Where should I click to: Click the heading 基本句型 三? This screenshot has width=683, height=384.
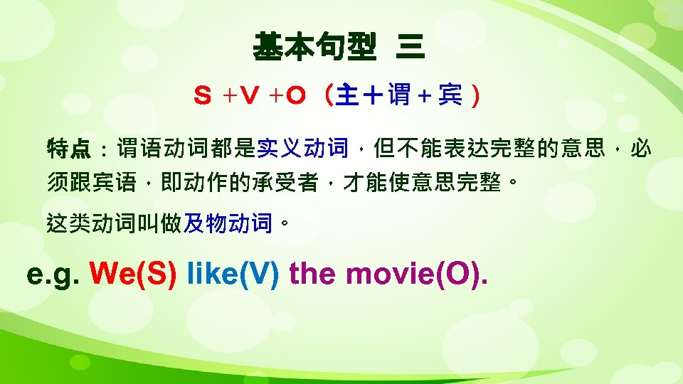pos(339,49)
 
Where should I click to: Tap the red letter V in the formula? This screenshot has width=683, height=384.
pos(246,95)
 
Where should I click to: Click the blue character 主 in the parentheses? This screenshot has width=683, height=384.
pos(346,95)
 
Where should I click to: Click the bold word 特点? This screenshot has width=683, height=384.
pos(68,149)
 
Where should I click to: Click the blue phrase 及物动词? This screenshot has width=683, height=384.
pos(228,225)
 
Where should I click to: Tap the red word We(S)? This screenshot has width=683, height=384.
pos(133,274)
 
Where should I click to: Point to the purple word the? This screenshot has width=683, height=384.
pos(314,274)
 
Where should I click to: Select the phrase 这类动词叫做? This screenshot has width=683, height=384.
pos(114,225)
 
